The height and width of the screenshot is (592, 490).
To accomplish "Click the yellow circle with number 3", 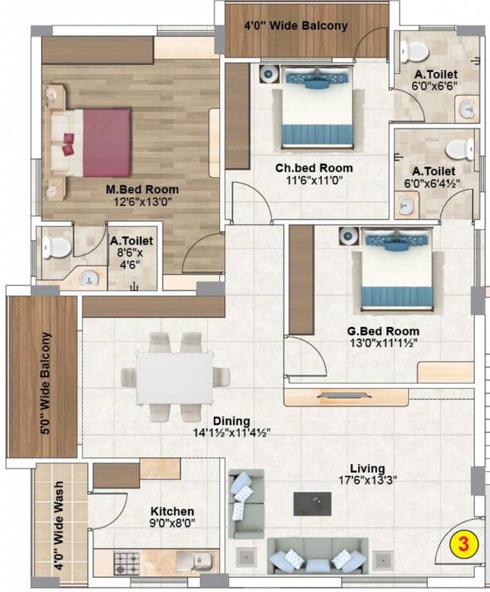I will [464, 543].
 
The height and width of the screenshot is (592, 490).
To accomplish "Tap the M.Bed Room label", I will [142, 189].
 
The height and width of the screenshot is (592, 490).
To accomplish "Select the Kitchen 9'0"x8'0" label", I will [172, 517].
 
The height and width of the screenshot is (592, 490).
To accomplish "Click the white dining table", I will [174, 377].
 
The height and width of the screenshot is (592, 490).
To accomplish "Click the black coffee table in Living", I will [312, 503].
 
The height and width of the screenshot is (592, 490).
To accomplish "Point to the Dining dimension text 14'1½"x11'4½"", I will [231, 433].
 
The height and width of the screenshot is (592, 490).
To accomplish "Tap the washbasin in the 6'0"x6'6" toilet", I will [468, 109].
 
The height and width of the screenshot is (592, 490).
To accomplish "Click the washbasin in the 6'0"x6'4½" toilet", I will [406, 204].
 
